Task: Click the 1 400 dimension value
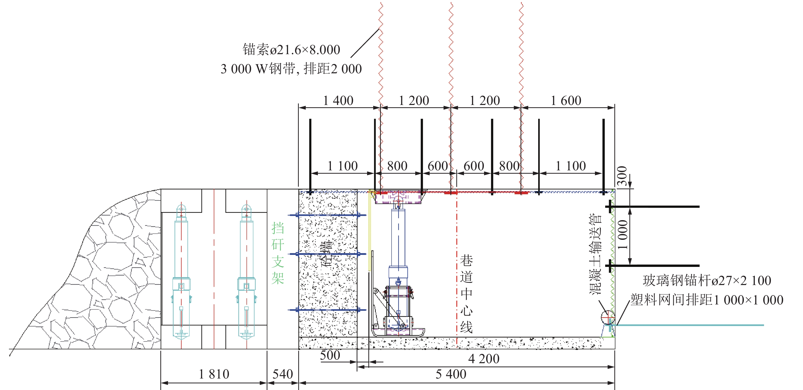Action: [338, 101]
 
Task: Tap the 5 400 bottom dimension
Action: [451, 374]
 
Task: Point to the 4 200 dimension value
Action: [484, 359]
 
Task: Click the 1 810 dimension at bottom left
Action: [214, 374]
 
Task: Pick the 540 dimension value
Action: [283, 374]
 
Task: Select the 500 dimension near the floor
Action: [330, 355]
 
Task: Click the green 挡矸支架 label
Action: [278, 253]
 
